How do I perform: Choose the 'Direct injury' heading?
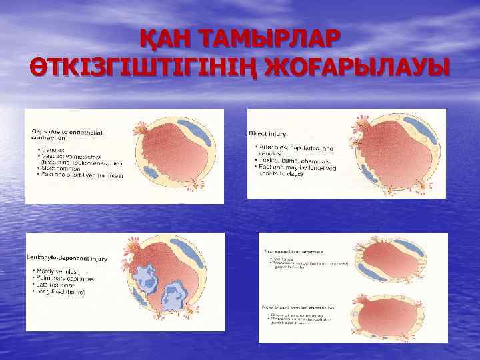[x=267, y=134]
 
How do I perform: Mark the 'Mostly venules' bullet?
[x=57, y=272]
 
